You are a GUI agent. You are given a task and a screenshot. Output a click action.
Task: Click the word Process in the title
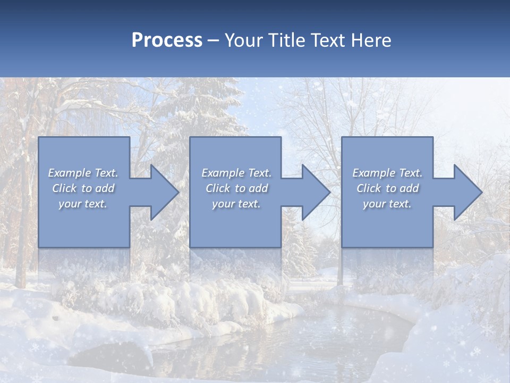point(167,40)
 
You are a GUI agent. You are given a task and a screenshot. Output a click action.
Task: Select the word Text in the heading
point(329,40)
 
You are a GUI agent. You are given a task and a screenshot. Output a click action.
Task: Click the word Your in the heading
point(245,40)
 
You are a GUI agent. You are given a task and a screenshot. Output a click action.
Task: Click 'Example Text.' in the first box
point(83,173)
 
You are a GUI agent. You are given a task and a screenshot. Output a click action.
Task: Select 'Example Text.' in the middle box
point(236,173)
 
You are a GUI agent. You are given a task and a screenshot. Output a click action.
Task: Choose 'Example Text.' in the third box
point(387,173)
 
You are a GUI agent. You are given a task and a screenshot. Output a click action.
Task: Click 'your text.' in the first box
point(83,204)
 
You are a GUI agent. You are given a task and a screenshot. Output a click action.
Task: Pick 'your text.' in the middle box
point(236,204)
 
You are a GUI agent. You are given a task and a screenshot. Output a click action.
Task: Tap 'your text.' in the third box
point(387,204)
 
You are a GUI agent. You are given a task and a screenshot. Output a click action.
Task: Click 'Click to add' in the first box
point(83,188)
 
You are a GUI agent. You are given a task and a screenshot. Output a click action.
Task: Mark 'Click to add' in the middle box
point(236,188)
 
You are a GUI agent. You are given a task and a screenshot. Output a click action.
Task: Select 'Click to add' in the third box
point(387,188)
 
